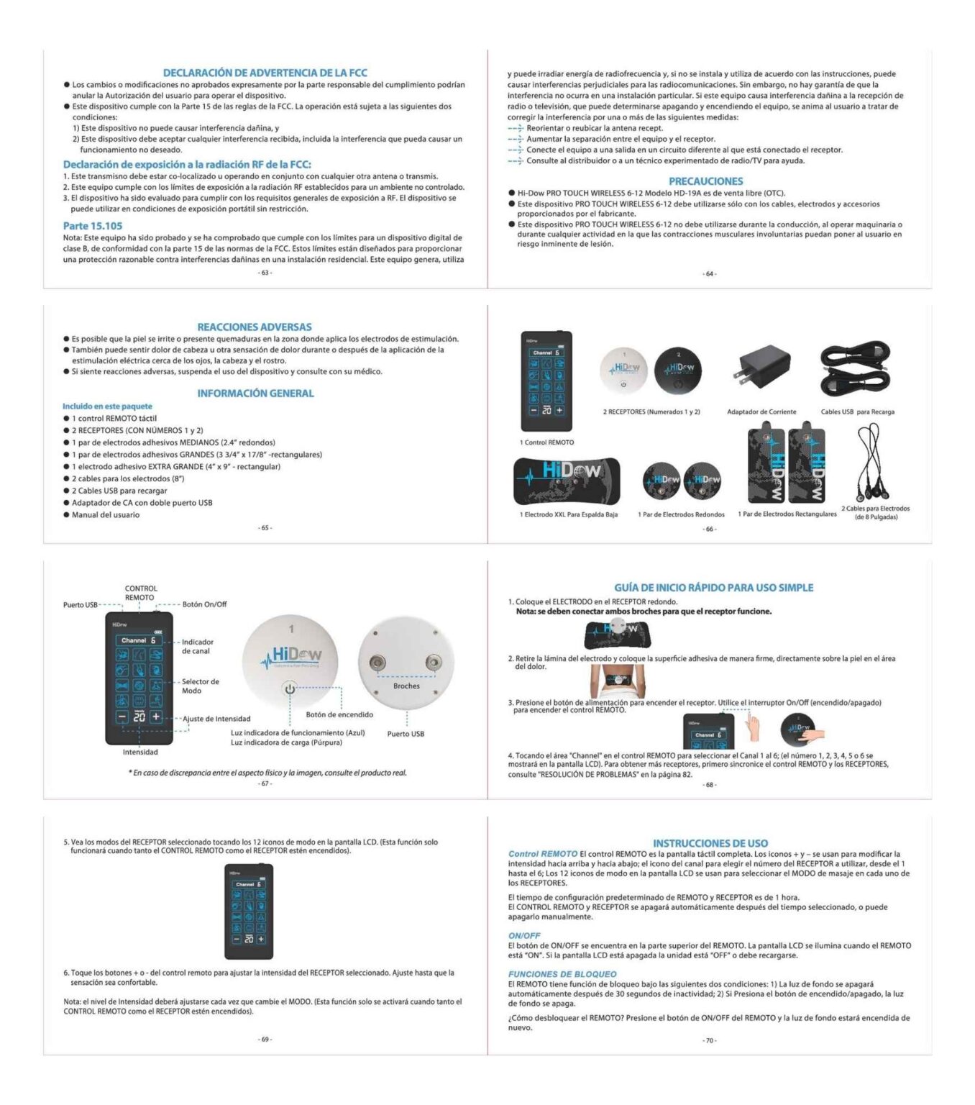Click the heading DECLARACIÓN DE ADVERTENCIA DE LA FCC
point(265,73)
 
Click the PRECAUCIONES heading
point(705,181)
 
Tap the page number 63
point(265,273)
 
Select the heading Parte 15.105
point(93,226)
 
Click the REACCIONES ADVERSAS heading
point(255,327)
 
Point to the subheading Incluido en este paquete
point(107,406)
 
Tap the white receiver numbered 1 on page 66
point(624,369)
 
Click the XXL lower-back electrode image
point(568,481)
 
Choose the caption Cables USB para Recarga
point(857,412)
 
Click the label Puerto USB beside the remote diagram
point(80,605)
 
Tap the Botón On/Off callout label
point(204,604)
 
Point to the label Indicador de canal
point(197,646)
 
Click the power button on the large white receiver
point(290,689)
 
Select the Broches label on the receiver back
point(406,686)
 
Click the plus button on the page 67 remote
point(156,717)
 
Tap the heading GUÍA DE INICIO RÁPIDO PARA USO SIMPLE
point(713,588)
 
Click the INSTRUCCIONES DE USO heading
point(710,843)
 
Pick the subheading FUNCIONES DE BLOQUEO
point(552,974)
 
